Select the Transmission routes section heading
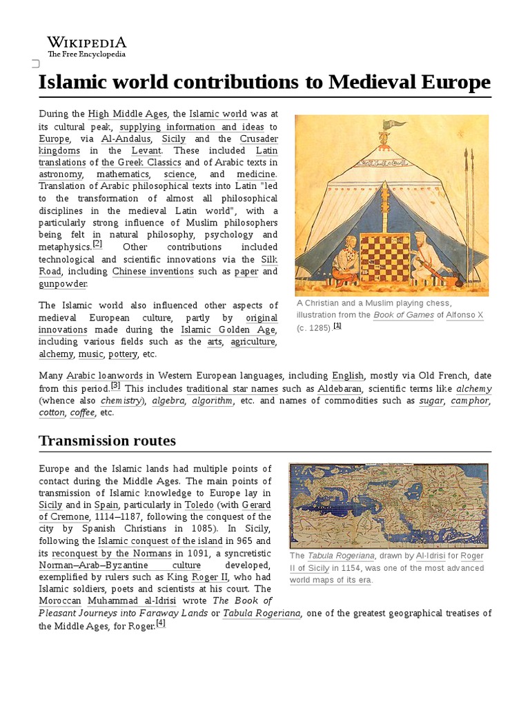click(x=107, y=441)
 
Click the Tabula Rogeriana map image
click(x=388, y=505)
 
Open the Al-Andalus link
click(x=124, y=138)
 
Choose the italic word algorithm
click(x=213, y=401)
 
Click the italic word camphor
click(x=470, y=401)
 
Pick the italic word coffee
click(x=82, y=413)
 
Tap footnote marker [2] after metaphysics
click(x=97, y=244)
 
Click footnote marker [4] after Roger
click(x=161, y=623)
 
